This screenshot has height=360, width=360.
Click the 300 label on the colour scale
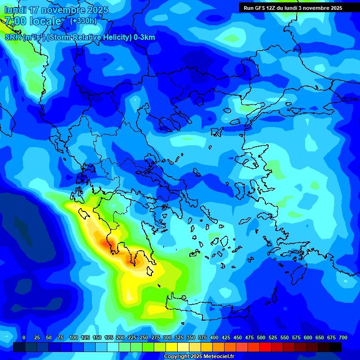(167, 337)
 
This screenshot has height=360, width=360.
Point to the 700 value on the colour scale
(343, 337)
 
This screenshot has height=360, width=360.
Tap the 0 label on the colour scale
(24, 337)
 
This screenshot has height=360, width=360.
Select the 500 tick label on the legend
(261, 337)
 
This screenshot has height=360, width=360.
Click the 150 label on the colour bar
(97, 337)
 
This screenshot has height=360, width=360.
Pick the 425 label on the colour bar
(226, 337)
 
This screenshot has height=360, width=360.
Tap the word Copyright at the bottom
(177, 357)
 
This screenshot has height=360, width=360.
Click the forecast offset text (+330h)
(83, 21)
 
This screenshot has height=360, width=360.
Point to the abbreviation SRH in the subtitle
(13, 37)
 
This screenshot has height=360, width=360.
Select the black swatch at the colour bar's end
(336, 347)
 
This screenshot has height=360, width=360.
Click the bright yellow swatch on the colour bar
(172, 347)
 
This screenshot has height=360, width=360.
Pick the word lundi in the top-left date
(15, 10)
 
